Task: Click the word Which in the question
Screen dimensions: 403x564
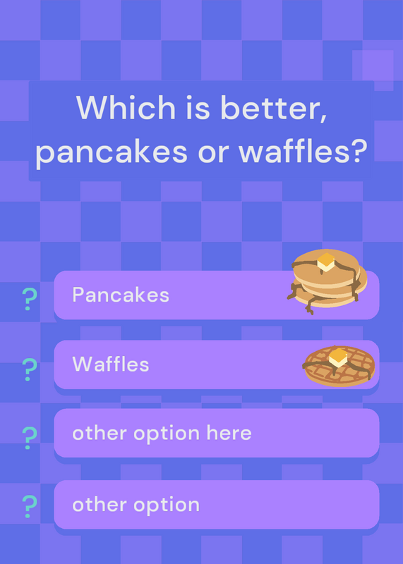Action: tap(126, 107)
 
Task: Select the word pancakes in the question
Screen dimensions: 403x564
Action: tap(112, 151)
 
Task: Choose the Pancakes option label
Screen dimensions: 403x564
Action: tap(121, 295)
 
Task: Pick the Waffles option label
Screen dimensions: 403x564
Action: tap(111, 364)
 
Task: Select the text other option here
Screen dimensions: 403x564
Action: tap(162, 434)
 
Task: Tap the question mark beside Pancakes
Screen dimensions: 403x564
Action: tap(30, 299)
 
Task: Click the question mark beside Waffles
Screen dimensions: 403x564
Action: tap(30, 369)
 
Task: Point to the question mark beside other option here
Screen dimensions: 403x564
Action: tap(30, 438)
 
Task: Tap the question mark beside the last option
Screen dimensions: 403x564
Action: tap(30, 506)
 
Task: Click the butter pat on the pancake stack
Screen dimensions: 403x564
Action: tap(326, 262)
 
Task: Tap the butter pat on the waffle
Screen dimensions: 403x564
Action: tap(339, 357)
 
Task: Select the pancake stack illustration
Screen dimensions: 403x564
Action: tap(327, 281)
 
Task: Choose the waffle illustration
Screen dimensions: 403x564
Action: tap(339, 366)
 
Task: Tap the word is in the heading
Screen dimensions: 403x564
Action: tap(198, 107)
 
